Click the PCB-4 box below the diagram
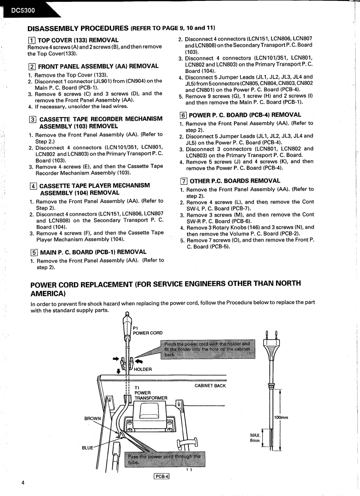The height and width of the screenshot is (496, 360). click(x=162, y=476)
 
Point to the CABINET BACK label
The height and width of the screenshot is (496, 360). click(x=210, y=386)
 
